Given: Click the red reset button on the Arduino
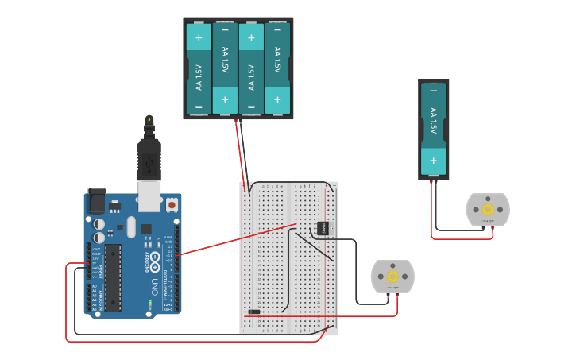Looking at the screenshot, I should pyautogui.click(x=172, y=204).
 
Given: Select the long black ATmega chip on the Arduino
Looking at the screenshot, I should pyautogui.click(x=114, y=277).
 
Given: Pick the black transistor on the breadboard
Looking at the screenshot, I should pyautogui.click(x=323, y=228).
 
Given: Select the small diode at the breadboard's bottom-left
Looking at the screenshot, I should pyautogui.click(x=253, y=312).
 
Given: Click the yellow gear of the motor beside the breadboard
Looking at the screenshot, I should pyautogui.click(x=392, y=277).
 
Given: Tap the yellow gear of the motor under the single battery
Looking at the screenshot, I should pyautogui.click(x=488, y=209).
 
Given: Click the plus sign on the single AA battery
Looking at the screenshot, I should pyautogui.click(x=434, y=160).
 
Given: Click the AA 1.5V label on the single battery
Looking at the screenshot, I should pyautogui.click(x=434, y=121).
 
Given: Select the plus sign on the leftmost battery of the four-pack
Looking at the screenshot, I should pyautogui.click(x=199, y=37).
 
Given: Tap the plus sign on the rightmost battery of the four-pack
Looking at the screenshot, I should pyautogui.click(x=277, y=100).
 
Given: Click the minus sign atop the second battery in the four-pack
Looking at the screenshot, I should pyautogui.click(x=225, y=30).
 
